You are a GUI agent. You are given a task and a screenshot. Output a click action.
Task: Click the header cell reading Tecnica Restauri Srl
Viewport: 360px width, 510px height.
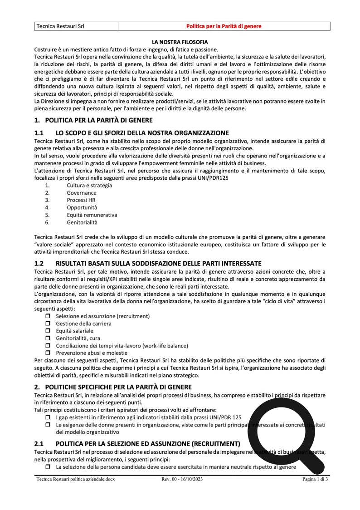click(60, 26)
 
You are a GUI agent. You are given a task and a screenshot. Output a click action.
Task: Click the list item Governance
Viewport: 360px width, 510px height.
click(82, 193)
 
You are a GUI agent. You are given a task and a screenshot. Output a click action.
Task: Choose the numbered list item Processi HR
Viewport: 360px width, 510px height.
click(81, 200)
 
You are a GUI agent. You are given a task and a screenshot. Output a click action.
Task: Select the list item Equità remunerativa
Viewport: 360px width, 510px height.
click(92, 215)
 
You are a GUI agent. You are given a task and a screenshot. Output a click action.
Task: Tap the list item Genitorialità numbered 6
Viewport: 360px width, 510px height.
click(82, 222)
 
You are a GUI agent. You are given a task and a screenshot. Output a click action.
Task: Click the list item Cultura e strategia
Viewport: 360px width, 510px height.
click(89, 185)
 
